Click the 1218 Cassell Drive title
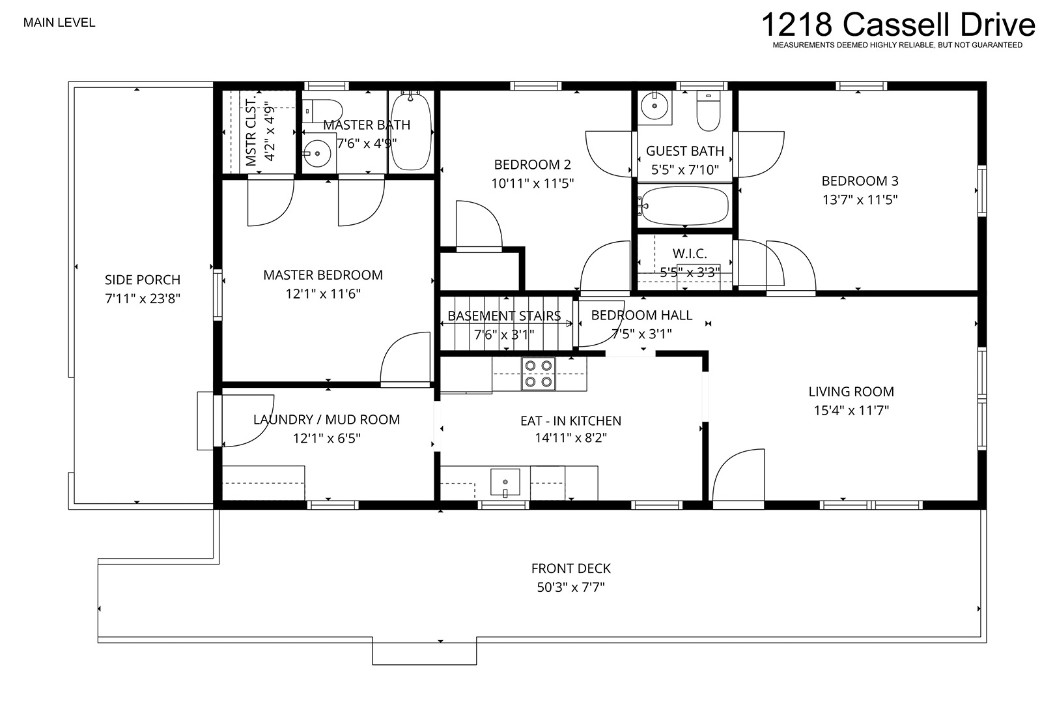(x=898, y=25)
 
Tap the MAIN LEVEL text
(x=59, y=23)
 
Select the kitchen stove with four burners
(x=539, y=374)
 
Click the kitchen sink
(x=505, y=482)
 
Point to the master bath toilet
(x=322, y=111)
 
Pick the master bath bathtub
(x=411, y=130)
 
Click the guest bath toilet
(x=709, y=110)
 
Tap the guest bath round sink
(x=654, y=106)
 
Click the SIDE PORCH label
(x=142, y=280)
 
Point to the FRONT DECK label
(x=571, y=568)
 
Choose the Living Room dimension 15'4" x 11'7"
(x=851, y=410)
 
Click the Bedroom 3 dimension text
(x=860, y=199)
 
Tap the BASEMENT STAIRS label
(x=504, y=315)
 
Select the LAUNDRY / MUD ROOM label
(x=326, y=419)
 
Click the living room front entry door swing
(x=738, y=477)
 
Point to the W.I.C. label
(x=690, y=254)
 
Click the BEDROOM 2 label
(x=532, y=164)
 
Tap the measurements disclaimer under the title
(x=897, y=45)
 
